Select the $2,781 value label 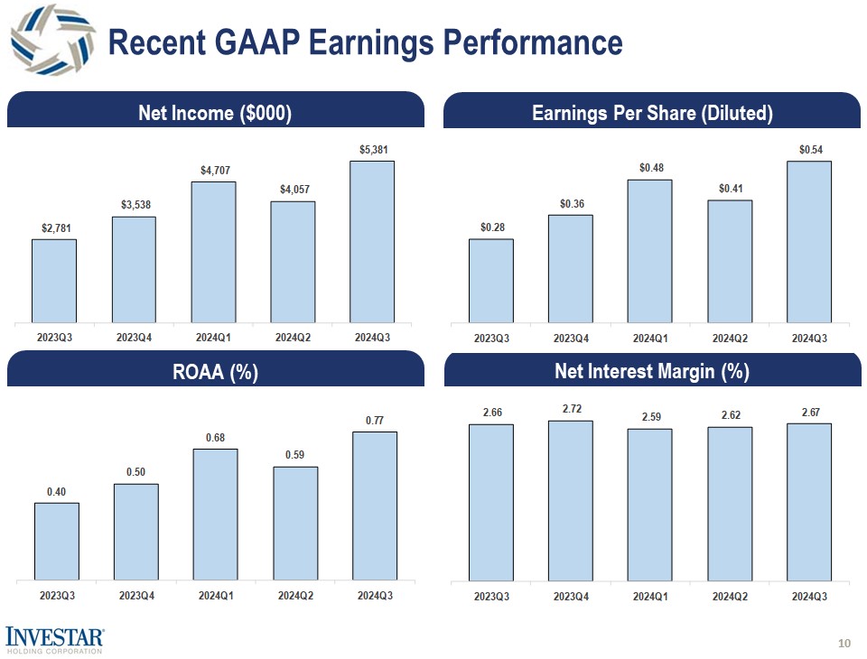(54, 228)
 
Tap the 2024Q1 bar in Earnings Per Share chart (650, 250)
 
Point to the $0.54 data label (809, 149)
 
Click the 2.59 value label (650, 417)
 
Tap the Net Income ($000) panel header (215, 113)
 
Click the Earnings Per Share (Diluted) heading (652, 113)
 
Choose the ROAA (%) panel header (215, 372)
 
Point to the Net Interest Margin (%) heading (652, 371)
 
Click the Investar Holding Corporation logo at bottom (54, 638)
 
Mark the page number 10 (844, 643)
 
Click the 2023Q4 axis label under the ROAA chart (136, 596)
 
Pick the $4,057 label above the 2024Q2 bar (293, 189)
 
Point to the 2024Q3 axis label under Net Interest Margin (809, 596)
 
